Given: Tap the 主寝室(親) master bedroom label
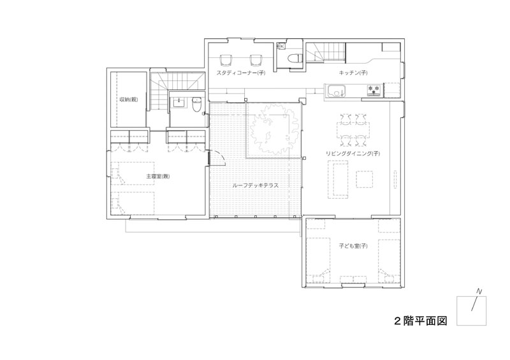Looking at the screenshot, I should (x=157, y=176).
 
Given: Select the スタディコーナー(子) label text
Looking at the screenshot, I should (x=241, y=73).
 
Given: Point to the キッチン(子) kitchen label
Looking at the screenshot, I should (x=351, y=73).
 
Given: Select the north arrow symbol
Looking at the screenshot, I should (x=476, y=301).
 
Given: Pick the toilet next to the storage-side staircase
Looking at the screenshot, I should (x=196, y=104).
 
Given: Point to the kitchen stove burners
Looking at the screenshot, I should (x=374, y=90).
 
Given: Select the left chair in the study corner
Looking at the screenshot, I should (x=226, y=61).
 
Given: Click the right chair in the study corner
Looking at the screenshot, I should (x=256, y=61).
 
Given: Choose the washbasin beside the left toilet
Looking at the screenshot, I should (x=179, y=102).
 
